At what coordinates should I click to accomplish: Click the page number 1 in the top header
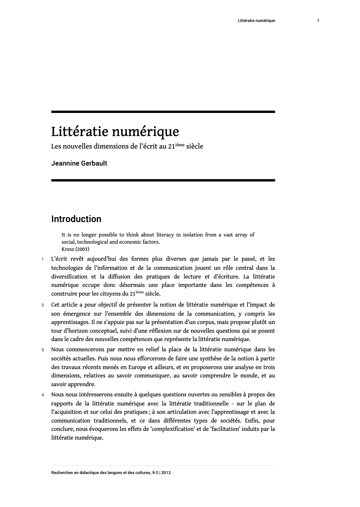[x=318, y=20]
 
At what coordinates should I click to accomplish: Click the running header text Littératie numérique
[x=256, y=20]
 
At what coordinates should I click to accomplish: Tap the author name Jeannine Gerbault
[x=79, y=163]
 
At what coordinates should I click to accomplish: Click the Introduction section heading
[x=76, y=219]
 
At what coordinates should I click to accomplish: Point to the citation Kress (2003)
[x=75, y=249]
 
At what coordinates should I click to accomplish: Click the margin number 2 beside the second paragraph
[x=43, y=305]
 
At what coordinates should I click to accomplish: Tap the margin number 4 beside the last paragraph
[x=43, y=395]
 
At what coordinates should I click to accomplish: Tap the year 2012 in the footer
[x=166, y=473]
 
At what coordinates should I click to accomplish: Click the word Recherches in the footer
[x=63, y=473]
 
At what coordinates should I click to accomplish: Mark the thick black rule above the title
[x=163, y=112]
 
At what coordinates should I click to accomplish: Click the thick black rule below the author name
[x=163, y=180]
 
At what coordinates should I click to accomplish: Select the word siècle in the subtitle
[x=194, y=146]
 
